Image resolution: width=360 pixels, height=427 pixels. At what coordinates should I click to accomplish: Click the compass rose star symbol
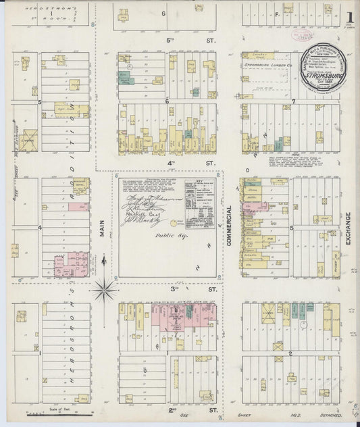click(105, 292)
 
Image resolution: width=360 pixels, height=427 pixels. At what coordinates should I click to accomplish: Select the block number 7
click(294, 102)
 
